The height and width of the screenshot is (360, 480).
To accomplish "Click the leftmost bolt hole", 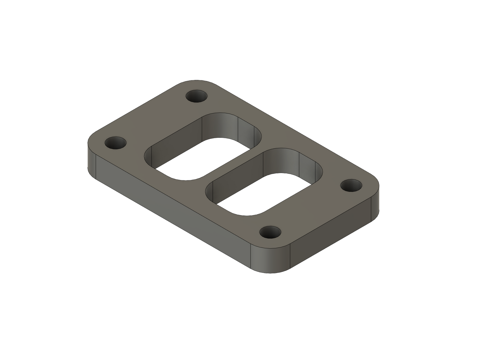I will pos(116,143).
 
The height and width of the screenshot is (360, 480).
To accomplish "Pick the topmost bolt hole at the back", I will pos(197,97).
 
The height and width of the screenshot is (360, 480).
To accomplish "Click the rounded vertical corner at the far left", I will pos(91,156).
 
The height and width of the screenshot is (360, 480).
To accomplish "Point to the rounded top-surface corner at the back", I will pos(199,83).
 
